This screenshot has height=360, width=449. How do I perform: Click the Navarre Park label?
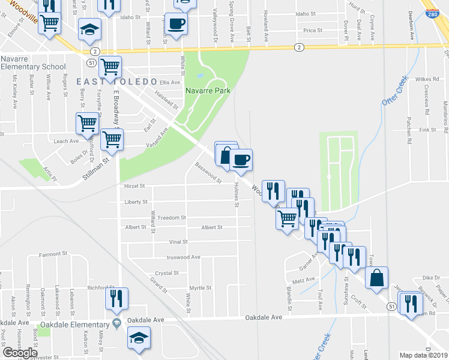208,90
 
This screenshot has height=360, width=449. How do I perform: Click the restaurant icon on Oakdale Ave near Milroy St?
115,298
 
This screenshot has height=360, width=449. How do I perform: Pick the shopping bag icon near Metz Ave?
376,278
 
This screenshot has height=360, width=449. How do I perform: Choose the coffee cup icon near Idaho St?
176,23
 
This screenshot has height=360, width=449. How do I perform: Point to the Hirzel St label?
134,187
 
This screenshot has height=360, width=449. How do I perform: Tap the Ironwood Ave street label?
183,257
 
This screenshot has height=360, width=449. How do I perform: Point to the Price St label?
313,30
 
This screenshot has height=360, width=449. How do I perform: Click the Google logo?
20,352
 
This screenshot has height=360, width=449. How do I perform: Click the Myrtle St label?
200,287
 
